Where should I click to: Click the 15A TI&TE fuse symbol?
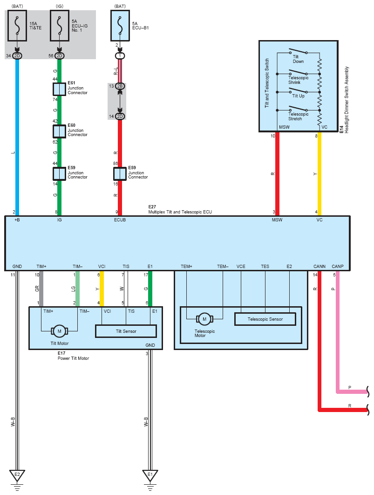(x=17, y=26)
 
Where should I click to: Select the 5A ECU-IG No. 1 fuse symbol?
(x=59, y=26)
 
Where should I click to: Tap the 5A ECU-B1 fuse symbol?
(x=120, y=26)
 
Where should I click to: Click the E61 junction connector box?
(x=59, y=89)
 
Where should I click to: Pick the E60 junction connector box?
(x=59, y=131)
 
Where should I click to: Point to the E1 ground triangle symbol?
(x=150, y=475)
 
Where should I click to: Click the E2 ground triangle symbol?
(x=17, y=475)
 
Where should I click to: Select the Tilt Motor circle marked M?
(x=59, y=331)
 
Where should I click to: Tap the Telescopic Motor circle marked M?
(x=204, y=319)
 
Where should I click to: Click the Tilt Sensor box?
(x=126, y=331)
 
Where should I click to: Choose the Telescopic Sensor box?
(x=265, y=319)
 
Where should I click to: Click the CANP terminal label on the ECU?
(x=337, y=267)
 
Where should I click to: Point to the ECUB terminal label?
(x=120, y=220)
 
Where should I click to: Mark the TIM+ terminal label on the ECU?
(x=41, y=267)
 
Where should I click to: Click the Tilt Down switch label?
(x=298, y=59)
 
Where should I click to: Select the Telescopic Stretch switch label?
(x=299, y=117)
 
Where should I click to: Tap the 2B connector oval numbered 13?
(x=120, y=86)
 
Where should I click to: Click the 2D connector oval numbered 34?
(x=17, y=56)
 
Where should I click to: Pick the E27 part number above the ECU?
(x=152, y=207)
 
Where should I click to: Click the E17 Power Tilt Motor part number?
(x=61, y=353)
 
